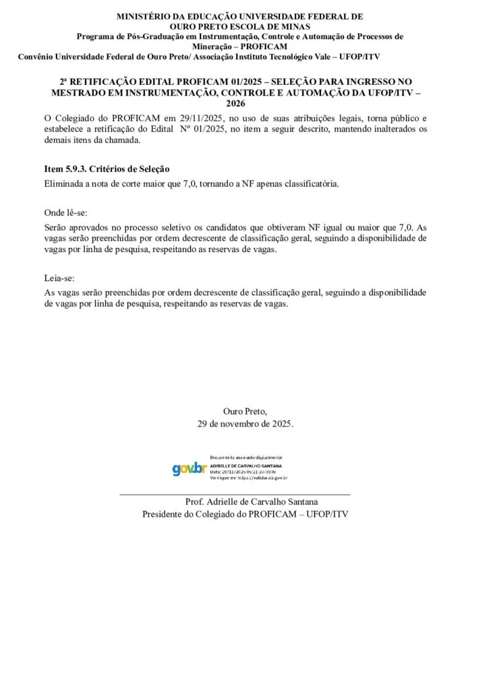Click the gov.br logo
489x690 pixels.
pos(189,468)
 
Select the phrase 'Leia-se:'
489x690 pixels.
pos(59,278)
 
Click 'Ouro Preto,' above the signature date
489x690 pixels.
pos(245,411)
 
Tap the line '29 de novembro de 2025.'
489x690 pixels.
pos(245,424)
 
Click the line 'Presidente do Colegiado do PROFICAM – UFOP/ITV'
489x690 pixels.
pos(245,514)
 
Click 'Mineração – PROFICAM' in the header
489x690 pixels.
pos(239,46)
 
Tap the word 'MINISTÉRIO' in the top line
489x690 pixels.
pos(144,15)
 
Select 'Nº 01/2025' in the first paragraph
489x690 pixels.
pos(202,129)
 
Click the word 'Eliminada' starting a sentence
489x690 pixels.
pos(65,183)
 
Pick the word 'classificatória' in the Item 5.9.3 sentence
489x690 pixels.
pos(308,183)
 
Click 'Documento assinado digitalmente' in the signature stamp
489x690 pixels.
pos(246,458)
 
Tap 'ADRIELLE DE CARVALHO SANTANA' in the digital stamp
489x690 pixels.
pos(246,465)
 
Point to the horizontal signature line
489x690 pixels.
pos(235,495)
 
